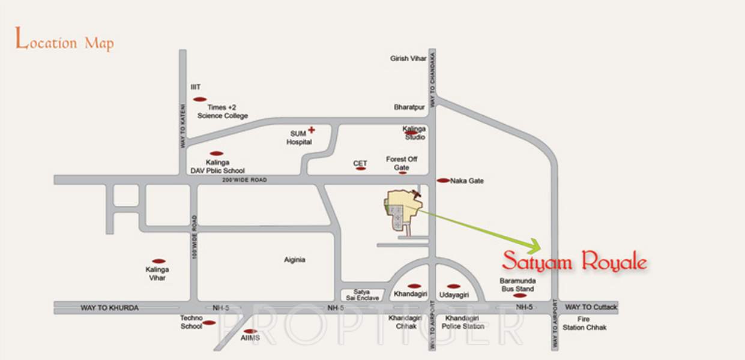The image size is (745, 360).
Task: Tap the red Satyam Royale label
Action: pyautogui.click(x=574, y=262)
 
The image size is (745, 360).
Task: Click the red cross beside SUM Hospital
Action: pyautogui.click(x=312, y=130)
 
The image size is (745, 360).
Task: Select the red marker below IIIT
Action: pyautogui.click(x=200, y=99)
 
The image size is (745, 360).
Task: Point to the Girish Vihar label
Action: pyautogui.click(x=408, y=58)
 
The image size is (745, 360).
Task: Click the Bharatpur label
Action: pyautogui.click(x=409, y=107)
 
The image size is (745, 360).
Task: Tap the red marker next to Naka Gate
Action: pyautogui.click(x=443, y=181)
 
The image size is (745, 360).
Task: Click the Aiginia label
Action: pyautogui.click(x=295, y=260)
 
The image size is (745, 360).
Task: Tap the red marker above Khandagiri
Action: pyautogui.click(x=414, y=286)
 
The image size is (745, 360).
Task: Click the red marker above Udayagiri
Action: pyautogui.click(x=454, y=286)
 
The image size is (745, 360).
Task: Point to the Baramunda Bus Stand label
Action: pyautogui.click(x=517, y=284)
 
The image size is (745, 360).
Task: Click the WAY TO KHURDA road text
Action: pyautogui.click(x=110, y=308)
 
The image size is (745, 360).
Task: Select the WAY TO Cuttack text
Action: pyautogui.click(x=591, y=307)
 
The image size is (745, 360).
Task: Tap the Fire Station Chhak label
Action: pyautogui.click(x=585, y=323)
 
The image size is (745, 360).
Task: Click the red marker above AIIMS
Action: pyautogui.click(x=250, y=331)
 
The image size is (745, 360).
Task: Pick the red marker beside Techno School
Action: pyautogui.click(x=209, y=323)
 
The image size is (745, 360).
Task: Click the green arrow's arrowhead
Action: pyautogui.click(x=535, y=245)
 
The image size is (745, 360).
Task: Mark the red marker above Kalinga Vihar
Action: pyautogui.click(x=158, y=262)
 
